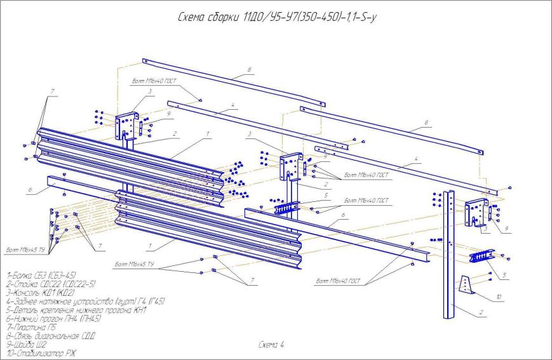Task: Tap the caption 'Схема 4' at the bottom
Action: click(272, 344)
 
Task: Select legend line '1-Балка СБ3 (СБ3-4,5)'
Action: click(41, 276)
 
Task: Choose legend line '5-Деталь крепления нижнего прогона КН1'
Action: click(77, 310)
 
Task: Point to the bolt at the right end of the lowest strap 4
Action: click(510, 189)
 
